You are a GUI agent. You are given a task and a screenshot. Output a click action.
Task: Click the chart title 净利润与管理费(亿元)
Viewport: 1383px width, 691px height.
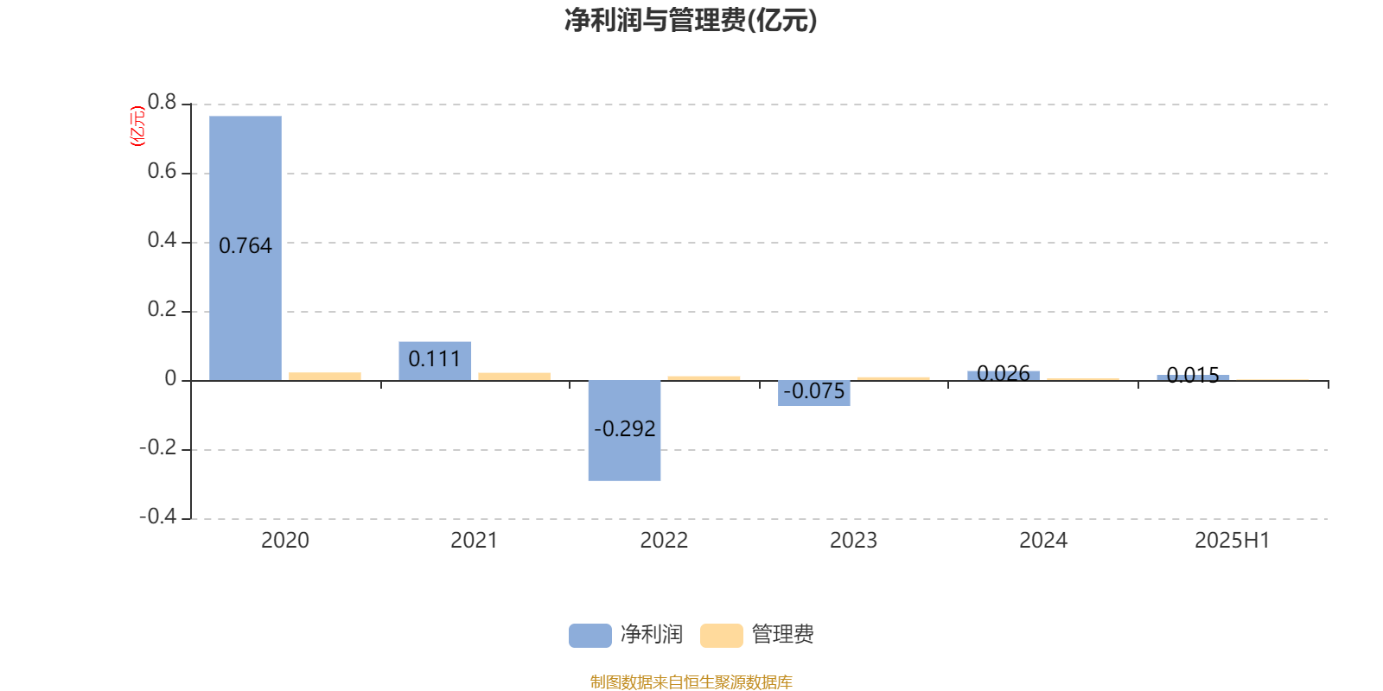click(691, 21)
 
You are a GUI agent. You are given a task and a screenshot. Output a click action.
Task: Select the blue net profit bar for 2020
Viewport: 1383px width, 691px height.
click(245, 248)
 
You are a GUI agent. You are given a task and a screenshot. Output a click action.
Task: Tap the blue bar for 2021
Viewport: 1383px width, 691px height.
click(435, 361)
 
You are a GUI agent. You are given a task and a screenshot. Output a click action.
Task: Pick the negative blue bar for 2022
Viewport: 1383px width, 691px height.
click(624, 431)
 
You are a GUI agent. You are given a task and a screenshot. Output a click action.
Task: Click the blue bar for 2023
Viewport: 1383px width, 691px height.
click(813, 393)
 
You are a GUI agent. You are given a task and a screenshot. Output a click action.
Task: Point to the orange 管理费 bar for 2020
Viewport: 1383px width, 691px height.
click(325, 377)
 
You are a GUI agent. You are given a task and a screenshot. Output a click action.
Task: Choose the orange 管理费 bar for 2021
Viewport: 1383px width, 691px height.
click(514, 377)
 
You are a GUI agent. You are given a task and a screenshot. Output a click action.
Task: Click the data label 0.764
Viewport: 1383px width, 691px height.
click(245, 245)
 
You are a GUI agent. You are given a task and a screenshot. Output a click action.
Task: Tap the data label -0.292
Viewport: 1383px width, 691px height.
click(624, 428)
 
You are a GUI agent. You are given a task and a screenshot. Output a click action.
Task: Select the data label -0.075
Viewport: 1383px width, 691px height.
click(813, 390)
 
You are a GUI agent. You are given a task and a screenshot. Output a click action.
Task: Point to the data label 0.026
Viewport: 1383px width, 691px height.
click(1004, 373)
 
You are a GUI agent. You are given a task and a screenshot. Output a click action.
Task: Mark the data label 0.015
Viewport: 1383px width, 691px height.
click(1193, 375)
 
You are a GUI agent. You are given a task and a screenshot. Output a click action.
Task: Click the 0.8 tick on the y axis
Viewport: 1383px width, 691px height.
click(162, 102)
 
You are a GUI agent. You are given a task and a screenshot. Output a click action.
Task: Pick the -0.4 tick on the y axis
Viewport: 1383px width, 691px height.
click(158, 516)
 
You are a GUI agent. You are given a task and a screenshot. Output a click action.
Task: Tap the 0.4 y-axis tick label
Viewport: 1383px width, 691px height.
click(162, 240)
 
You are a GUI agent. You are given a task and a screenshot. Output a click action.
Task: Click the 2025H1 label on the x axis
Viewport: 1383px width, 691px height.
click(1233, 541)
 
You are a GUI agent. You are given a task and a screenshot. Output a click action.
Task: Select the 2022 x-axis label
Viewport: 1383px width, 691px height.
click(664, 541)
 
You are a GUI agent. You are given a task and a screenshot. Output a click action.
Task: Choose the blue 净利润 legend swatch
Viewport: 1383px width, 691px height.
click(590, 636)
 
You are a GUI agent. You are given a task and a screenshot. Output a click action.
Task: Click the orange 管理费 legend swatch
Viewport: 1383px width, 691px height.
click(721, 636)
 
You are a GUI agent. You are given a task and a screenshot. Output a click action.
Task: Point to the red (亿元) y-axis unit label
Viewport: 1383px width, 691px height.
click(137, 126)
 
